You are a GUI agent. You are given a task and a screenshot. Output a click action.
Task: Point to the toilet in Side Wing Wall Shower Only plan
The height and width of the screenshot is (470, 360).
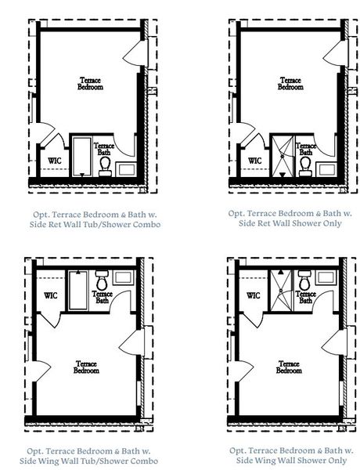[304, 280]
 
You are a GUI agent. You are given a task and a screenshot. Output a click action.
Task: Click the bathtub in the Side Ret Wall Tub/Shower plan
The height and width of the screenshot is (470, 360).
[82, 155]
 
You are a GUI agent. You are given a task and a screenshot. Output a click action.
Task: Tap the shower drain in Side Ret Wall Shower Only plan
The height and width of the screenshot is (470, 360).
[283, 156]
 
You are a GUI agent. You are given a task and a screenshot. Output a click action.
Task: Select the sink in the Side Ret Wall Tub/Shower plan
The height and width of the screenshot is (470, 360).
[125, 167]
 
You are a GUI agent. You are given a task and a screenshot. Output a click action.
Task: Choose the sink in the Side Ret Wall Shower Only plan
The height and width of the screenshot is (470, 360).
[326, 166]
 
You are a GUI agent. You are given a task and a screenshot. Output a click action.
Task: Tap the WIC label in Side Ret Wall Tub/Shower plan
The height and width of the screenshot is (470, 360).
[55, 161]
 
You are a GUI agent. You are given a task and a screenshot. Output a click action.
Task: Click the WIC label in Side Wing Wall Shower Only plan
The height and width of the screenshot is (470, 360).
[253, 296]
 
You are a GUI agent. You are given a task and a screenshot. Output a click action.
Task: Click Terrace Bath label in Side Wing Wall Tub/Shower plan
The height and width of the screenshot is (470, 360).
[103, 297]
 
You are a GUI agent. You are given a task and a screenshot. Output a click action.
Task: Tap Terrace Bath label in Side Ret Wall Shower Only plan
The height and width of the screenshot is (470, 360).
[306, 149]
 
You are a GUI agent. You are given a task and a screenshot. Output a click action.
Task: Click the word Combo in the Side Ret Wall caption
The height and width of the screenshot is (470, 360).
[146, 225]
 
